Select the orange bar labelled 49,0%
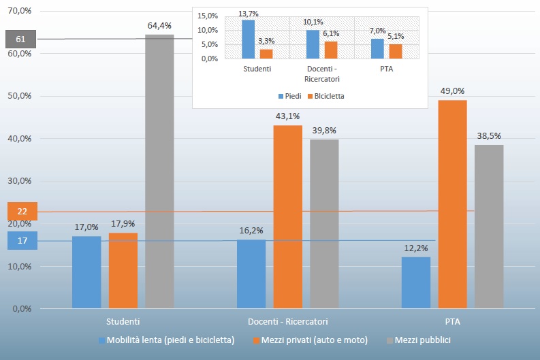(x=452, y=204)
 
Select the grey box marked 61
(x=21, y=39)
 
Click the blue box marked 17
(x=21, y=240)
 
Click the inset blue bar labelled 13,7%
(x=249, y=39)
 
